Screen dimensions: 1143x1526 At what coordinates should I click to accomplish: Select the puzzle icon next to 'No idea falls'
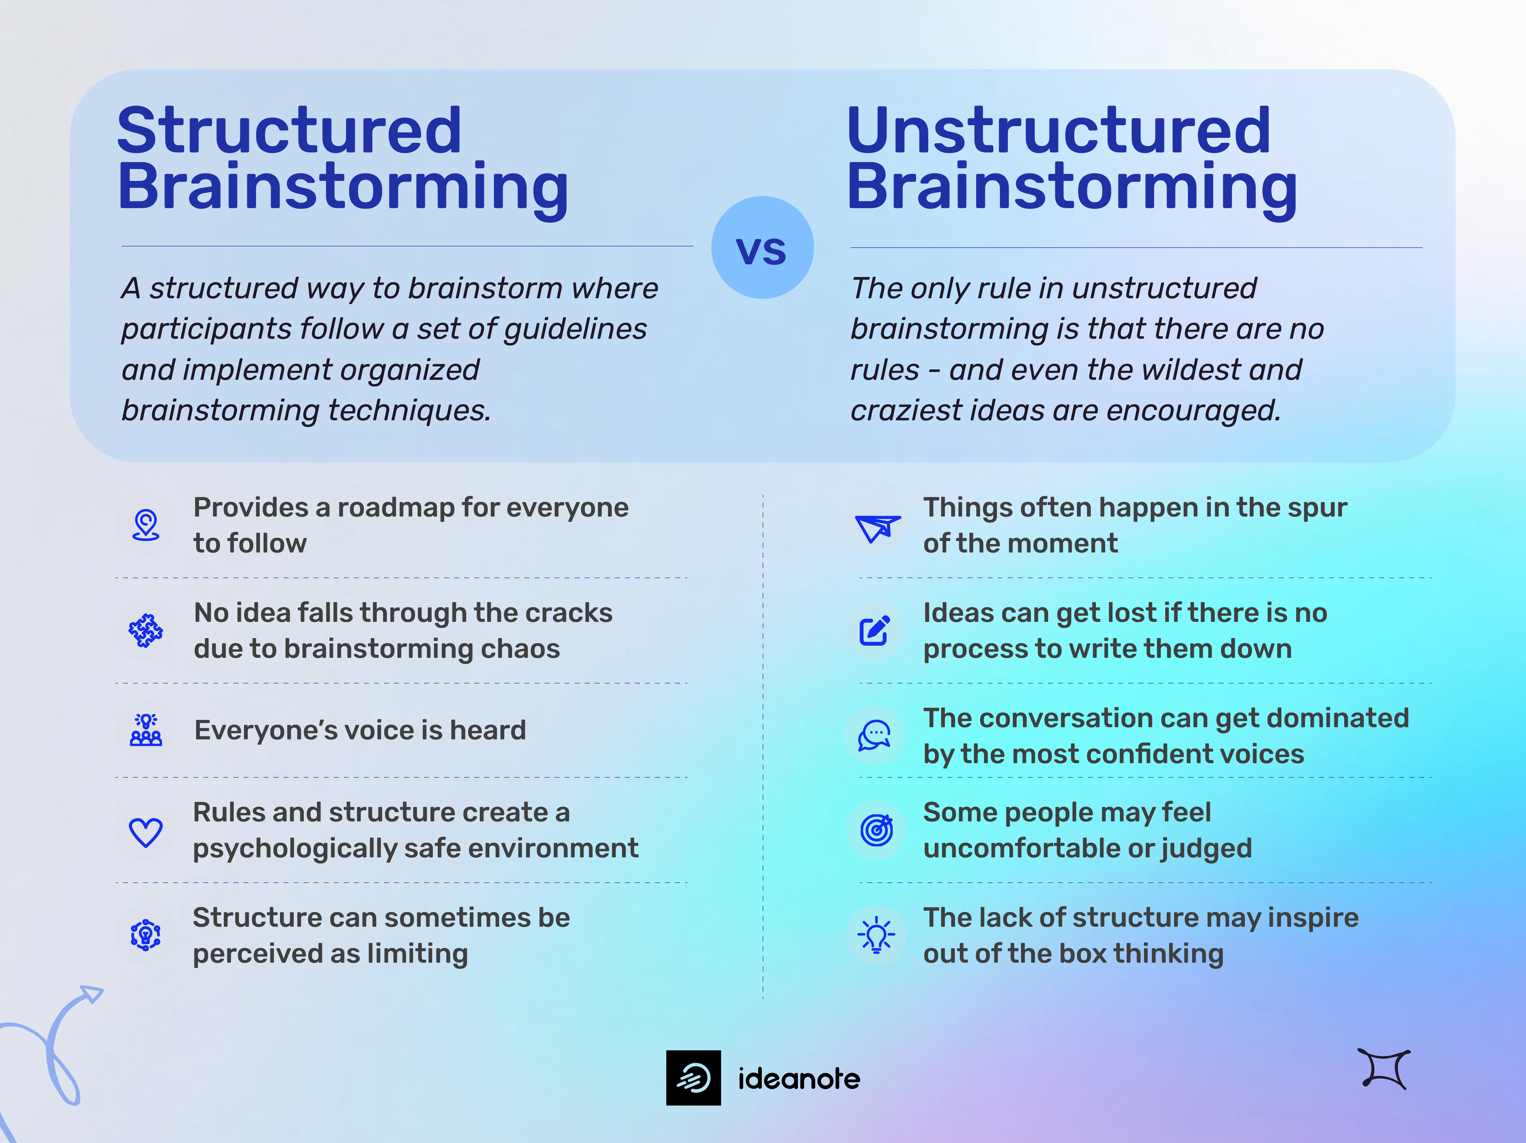coord(146,630)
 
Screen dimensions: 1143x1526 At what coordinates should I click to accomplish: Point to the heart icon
coord(146,832)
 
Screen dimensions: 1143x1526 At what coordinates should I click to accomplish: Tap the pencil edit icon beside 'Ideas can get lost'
coord(875,630)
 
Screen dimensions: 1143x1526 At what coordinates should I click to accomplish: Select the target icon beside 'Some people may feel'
coord(876,830)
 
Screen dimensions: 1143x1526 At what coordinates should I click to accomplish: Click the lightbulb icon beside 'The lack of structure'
coord(876,935)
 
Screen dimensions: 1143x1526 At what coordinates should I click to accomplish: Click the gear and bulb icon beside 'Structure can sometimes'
coord(146,935)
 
